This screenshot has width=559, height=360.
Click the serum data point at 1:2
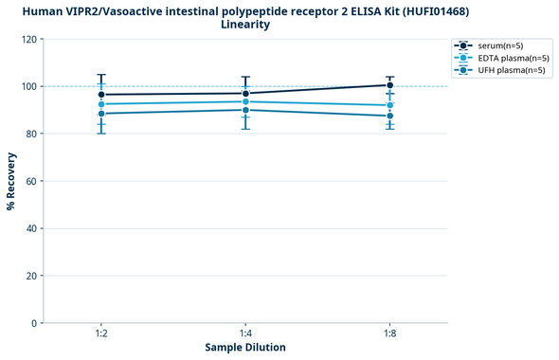click(101, 95)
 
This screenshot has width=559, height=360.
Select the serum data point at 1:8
click(390, 85)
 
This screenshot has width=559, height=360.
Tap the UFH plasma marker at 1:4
click(245, 110)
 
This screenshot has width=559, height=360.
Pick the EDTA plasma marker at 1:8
click(390, 105)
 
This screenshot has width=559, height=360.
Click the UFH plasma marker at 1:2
click(101, 114)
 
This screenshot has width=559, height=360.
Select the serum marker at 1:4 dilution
click(245, 93)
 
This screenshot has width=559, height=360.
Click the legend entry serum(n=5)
click(498, 45)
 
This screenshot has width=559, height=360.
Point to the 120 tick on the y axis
click(29, 40)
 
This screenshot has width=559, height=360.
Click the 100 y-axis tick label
click(29, 86)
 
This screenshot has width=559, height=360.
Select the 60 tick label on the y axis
click(32, 181)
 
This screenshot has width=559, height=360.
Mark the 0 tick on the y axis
click(35, 323)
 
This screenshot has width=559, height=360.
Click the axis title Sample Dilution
click(245, 348)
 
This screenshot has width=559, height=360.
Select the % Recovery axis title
click(11, 180)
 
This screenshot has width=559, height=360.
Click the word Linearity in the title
click(245, 25)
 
